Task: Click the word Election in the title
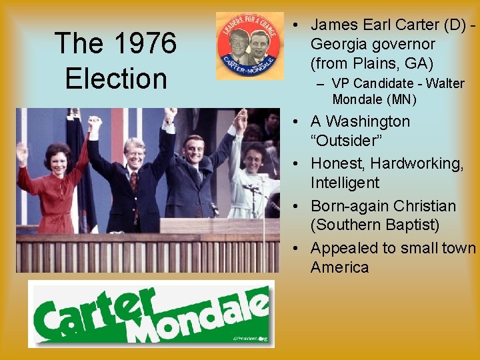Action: [x=116, y=79]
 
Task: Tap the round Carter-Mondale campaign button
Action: [x=250, y=45]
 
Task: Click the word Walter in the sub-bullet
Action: [x=445, y=84]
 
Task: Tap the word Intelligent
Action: [x=345, y=183]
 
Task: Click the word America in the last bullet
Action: [x=339, y=267]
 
